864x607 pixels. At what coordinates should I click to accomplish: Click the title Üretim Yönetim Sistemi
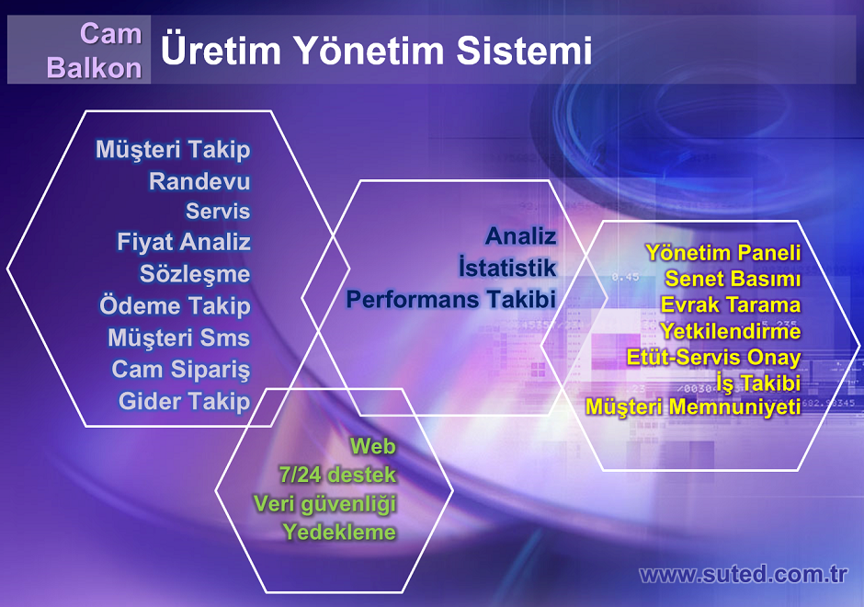click(376, 50)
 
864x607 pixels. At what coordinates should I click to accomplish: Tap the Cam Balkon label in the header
click(95, 51)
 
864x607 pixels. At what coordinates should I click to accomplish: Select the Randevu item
click(199, 181)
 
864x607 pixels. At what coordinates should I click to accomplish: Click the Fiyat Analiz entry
click(184, 242)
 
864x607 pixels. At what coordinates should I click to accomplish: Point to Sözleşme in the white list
click(195, 274)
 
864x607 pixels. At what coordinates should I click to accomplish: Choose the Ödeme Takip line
click(175, 305)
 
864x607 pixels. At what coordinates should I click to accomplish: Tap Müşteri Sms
click(178, 338)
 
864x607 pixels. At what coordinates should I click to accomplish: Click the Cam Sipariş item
click(181, 370)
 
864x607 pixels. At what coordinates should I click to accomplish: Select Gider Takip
click(184, 401)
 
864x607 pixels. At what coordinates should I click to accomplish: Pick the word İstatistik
click(507, 268)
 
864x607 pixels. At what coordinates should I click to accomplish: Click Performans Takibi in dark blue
click(450, 300)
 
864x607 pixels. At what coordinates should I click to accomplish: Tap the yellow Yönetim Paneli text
click(723, 253)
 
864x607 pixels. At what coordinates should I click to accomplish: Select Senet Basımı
click(733, 279)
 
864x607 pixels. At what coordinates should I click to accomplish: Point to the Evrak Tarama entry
click(731, 304)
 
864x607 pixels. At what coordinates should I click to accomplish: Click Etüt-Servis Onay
click(713, 357)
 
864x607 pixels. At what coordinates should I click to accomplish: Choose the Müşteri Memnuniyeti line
click(693, 407)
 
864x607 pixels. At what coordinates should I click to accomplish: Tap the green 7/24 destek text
click(337, 475)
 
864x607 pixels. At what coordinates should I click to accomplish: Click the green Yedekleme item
click(339, 532)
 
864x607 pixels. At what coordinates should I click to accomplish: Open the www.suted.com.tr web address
click(743, 574)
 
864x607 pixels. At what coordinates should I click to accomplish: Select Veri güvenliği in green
click(324, 504)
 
